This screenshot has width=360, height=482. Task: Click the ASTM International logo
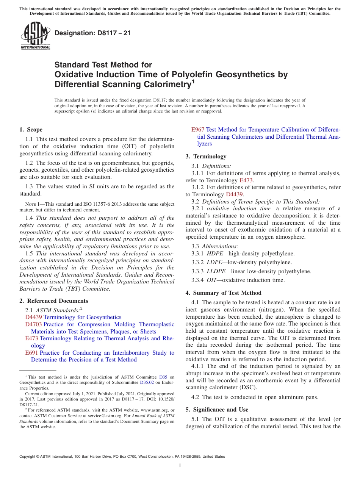(35, 36)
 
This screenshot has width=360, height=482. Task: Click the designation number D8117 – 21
(92, 33)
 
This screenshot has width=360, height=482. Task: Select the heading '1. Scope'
(31, 130)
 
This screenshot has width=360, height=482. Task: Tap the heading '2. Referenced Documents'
(53, 301)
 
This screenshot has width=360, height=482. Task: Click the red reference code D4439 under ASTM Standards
(34, 317)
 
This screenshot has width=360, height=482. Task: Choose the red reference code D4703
(34, 324)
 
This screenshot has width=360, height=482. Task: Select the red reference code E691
(32, 353)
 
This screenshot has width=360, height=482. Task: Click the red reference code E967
(198, 130)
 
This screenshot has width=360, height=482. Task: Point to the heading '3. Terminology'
(206, 156)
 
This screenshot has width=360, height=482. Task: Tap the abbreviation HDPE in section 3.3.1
(215, 254)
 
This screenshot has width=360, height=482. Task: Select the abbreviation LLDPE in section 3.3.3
(216, 271)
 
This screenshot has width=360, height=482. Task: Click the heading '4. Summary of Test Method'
(223, 293)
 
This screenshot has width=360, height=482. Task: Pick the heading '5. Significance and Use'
(217, 410)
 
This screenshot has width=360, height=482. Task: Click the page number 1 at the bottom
(180, 466)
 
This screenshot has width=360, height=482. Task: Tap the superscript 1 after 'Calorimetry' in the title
(193, 81)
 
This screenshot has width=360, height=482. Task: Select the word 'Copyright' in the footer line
(28, 457)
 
